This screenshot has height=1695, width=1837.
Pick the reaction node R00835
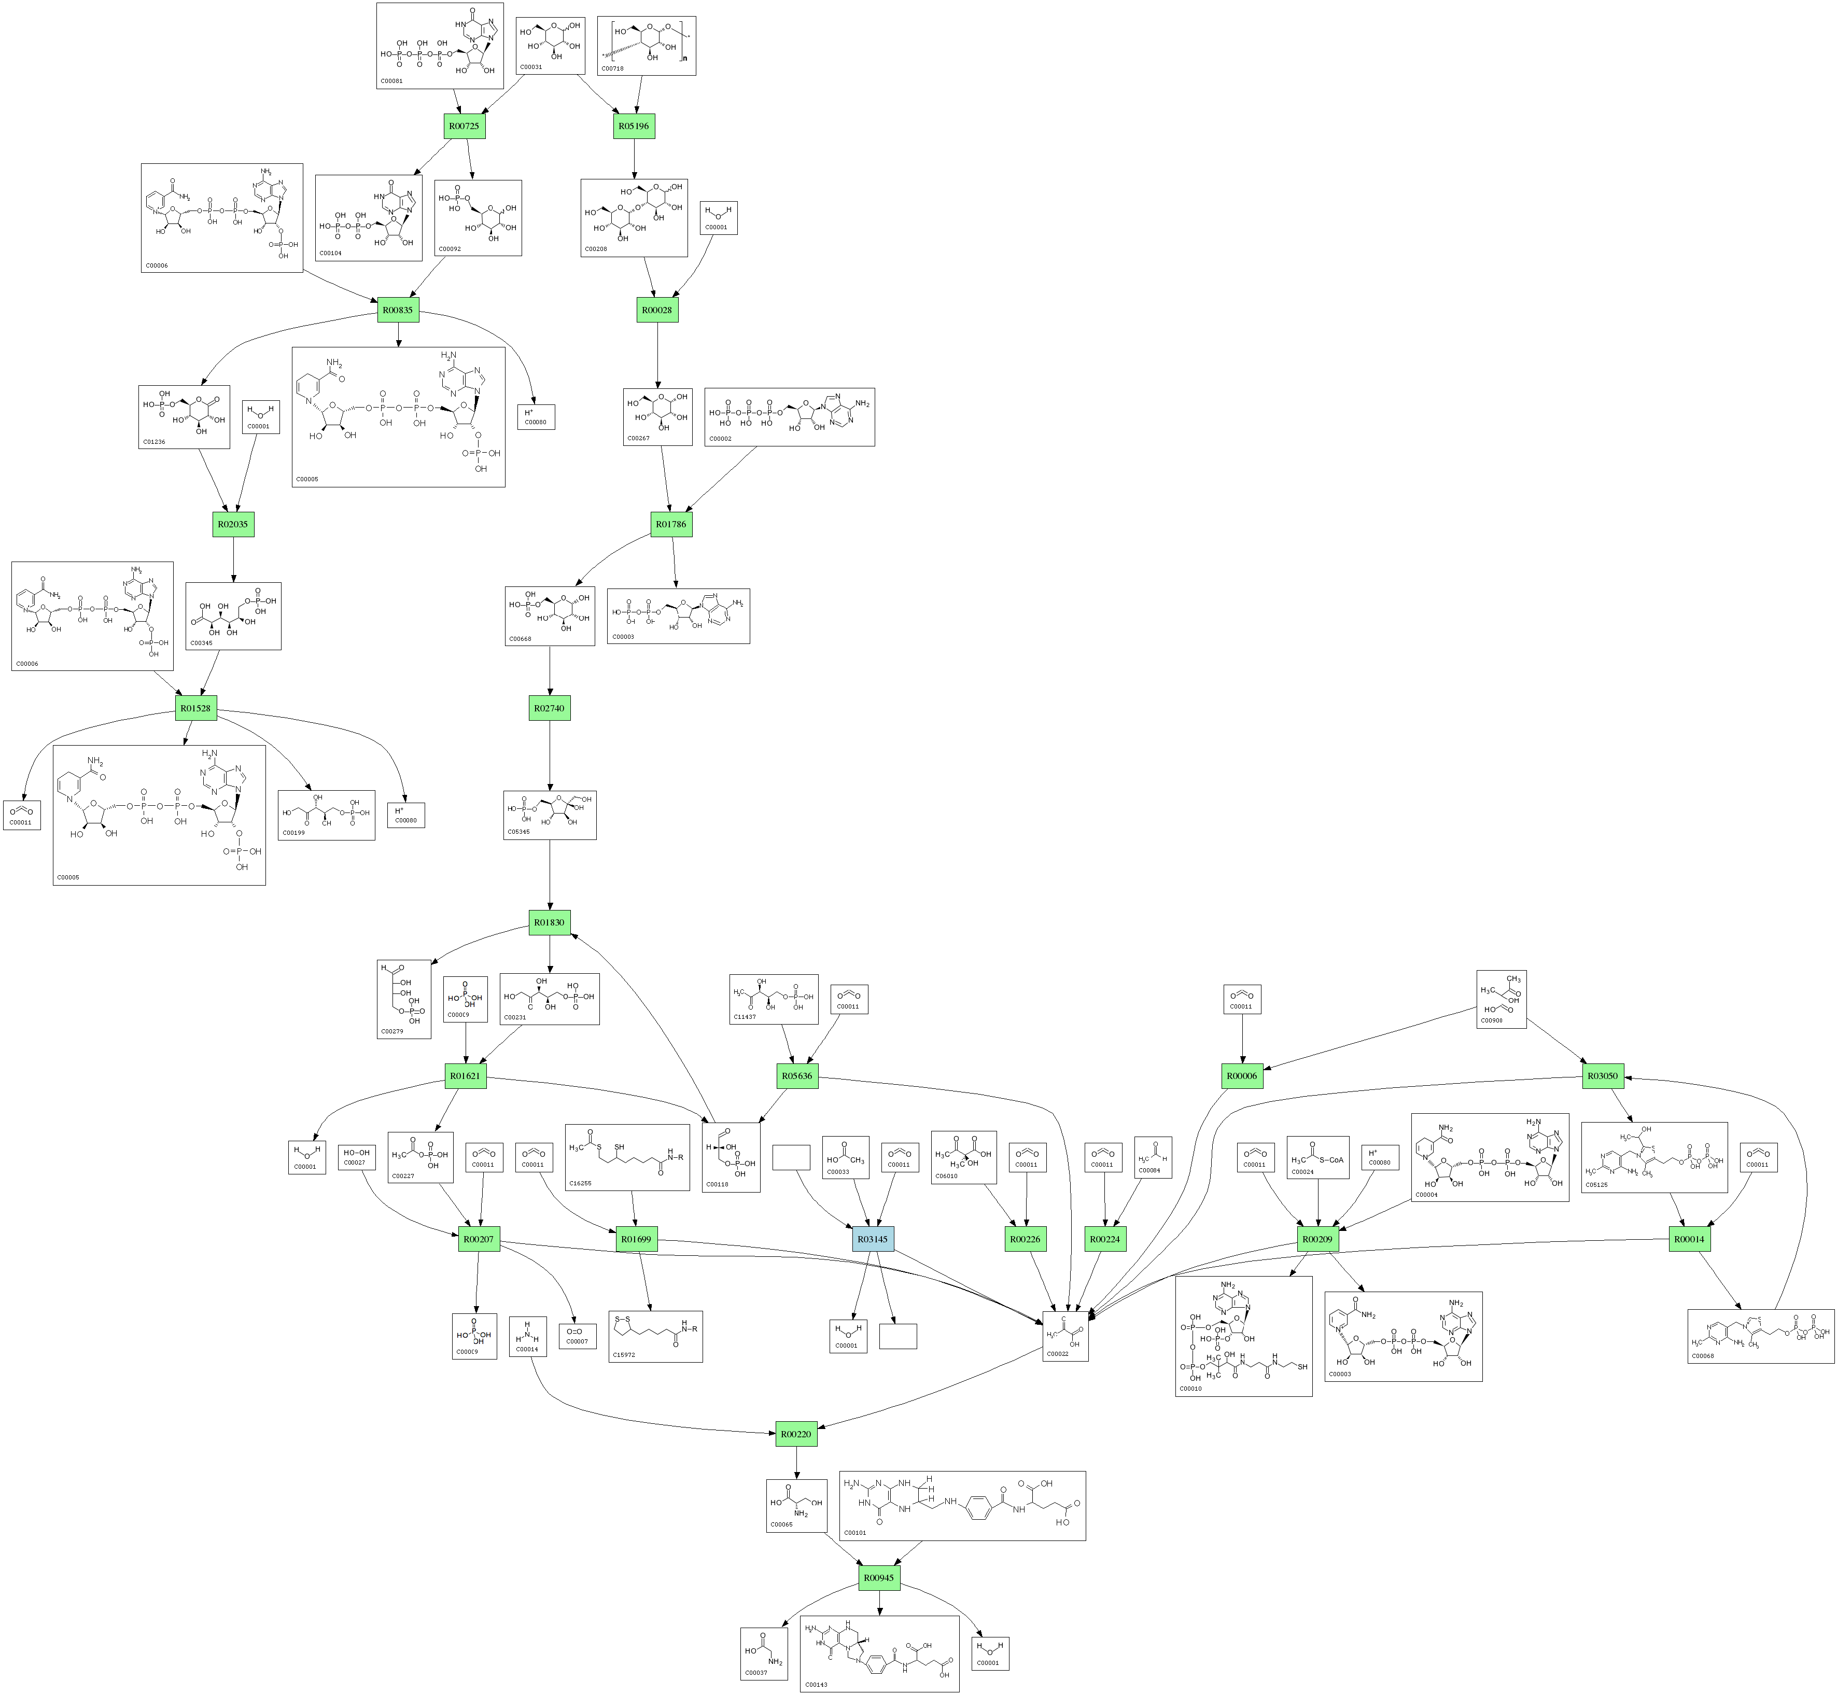pyautogui.click(x=398, y=310)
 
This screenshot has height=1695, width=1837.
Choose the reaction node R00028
pyautogui.click(x=656, y=310)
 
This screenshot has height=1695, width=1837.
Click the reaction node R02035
pyautogui.click(x=233, y=524)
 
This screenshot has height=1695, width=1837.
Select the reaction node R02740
pyautogui.click(x=550, y=708)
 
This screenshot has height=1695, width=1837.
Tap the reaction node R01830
pyautogui.click(x=550, y=923)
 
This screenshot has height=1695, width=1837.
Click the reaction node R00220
pyautogui.click(x=795, y=1434)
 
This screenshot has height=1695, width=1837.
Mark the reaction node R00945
pyautogui.click(x=879, y=1578)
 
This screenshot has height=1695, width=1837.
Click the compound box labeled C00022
pyautogui.click(x=1065, y=1336)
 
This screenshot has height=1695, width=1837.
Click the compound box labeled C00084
pyautogui.click(x=1153, y=1157)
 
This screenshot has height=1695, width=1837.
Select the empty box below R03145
pyautogui.click(x=898, y=1336)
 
